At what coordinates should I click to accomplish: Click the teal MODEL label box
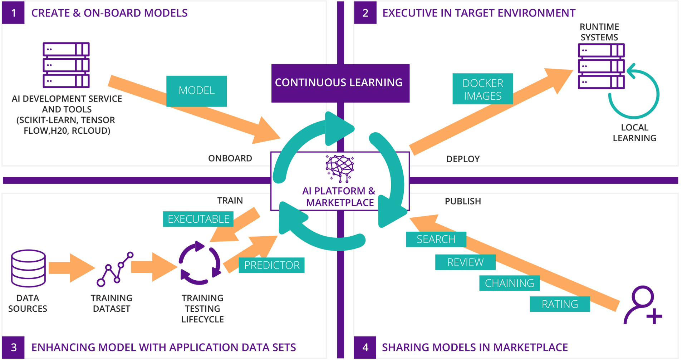pyautogui.click(x=196, y=91)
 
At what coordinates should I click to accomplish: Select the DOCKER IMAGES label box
pyautogui.click(x=482, y=89)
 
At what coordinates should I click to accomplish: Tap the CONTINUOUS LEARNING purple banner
pyautogui.click(x=340, y=83)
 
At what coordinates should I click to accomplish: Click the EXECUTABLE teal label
pyautogui.click(x=198, y=219)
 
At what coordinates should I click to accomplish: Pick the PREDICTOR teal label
pyautogui.click(x=271, y=265)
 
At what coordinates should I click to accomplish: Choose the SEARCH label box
pyautogui.click(x=436, y=239)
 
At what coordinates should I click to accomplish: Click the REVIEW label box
pyautogui.click(x=465, y=262)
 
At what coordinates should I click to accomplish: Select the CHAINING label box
pyautogui.click(x=509, y=283)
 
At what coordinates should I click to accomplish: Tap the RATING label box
pyautogui.click(x=559, y=304)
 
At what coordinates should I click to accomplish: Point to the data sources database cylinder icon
pyautogui.click(x=28, y=268)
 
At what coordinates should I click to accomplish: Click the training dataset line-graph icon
pyautogui.click(x=115, y=269)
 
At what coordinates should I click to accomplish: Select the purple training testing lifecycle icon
pyautogui.click(x=200, y=263)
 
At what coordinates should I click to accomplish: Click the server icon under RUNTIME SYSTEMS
pyautogui.click(x=601, y=66)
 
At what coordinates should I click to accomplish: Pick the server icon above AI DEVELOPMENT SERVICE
pyautogui.click(x=66, y=65)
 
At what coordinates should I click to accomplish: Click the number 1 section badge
pyautogui.click(x=13, y=13)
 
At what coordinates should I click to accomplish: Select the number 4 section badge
pyautogui.click(x=365, y=347)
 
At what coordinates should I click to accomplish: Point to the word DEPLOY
pyautogui.click(x=463, y=159)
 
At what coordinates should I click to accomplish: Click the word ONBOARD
pyautogui.click(x=230, y=158)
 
